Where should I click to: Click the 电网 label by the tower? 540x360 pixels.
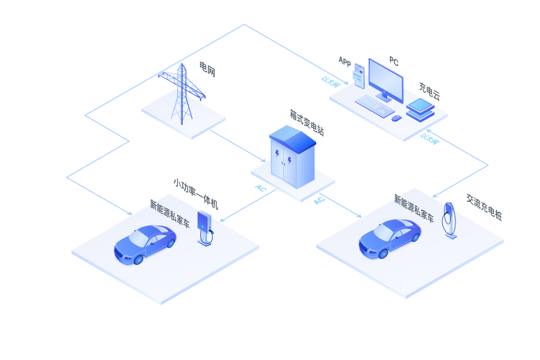point(208,69)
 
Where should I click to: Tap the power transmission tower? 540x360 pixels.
point(182,94)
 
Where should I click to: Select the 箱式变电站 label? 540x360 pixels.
point(307,123)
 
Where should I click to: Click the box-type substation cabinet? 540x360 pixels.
point(292,157)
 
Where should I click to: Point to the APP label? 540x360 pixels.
point(345,61)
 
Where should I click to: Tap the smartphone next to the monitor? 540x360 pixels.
point(359,76)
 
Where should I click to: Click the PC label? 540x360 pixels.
point(394,61)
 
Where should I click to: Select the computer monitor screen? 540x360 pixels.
point(386,80)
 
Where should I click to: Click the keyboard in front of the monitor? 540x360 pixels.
point(374,106)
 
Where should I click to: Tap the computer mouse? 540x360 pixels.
point(397,118)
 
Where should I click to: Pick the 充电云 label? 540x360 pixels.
point(430,91)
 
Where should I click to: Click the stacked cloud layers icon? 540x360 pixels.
point(420,110)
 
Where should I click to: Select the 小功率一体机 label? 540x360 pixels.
point(196,194)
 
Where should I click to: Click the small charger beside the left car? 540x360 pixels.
point(205,229)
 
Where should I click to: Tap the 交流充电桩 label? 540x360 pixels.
point(484,207)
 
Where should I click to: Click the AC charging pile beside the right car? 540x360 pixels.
point(449,220)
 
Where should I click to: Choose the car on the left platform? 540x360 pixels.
point(145,244)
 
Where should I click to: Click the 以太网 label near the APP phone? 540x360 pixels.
point(331,82)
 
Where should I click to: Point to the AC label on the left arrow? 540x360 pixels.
point(261,188)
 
